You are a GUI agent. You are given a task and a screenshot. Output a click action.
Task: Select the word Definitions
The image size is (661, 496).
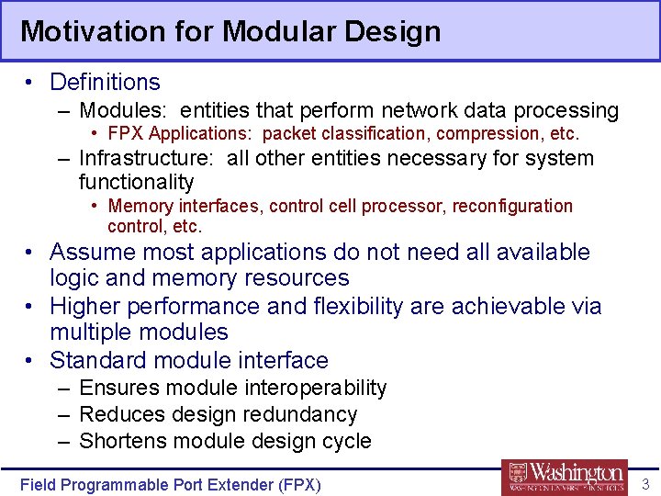tap(105, 83)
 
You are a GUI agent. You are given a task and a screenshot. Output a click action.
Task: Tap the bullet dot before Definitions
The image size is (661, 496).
tap(30, 83)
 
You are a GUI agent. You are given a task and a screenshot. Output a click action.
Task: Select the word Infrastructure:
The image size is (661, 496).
tap(149, 158)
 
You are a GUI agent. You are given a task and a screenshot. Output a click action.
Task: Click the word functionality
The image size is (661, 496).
tap(136, 182)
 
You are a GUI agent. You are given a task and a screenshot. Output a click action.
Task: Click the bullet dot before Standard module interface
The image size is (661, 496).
tap(30, 360)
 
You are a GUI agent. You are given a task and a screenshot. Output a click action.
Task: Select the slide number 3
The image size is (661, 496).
tap(644, 484)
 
